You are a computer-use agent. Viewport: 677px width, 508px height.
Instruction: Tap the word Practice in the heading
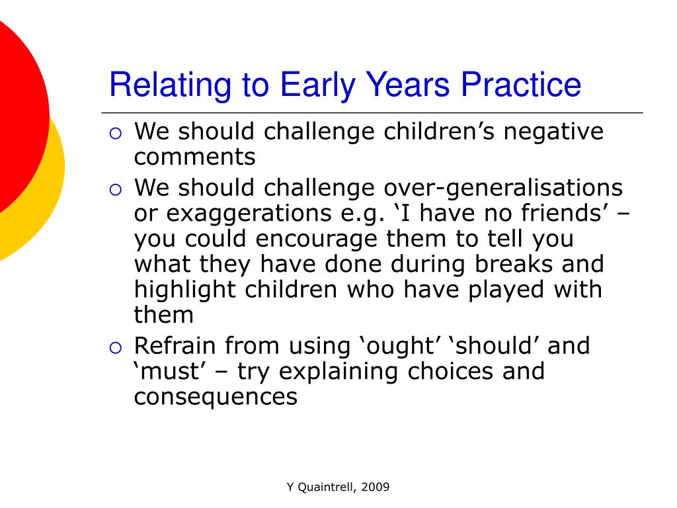pos(521,84)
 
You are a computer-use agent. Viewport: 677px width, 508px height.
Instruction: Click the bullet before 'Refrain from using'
pos(116,348)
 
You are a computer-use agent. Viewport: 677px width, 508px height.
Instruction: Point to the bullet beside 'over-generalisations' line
pos(116,190)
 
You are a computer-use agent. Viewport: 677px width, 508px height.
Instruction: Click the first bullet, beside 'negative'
pos(116,134)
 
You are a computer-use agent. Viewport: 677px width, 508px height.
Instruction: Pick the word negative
pos(553,132)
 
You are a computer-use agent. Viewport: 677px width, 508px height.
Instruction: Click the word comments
pos(195,157)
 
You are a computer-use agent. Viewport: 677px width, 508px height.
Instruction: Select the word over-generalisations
pos(503,189)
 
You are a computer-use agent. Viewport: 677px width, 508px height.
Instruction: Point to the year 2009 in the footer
pos(376,487)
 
